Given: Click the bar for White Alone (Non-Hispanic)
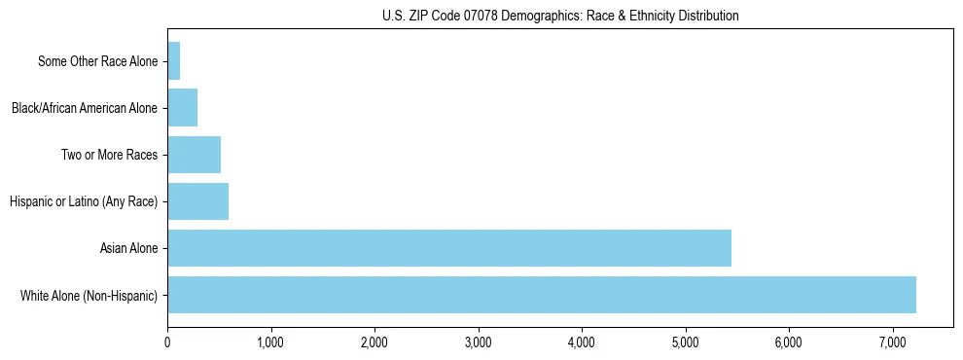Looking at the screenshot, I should coord(542,295).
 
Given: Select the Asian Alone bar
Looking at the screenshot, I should coord(449,248).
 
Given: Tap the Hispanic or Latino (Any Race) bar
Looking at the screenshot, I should coord(197,201).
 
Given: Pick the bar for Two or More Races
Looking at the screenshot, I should coord(194,155).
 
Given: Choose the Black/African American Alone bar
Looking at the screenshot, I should coord(182,108).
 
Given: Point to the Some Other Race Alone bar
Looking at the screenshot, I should coord(174,61).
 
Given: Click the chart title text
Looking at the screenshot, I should coord(560,16).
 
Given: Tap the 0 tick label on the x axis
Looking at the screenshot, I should coord(167,342).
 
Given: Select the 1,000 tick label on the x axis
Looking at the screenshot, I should coord(270,342).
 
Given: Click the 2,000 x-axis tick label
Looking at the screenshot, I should coord(374,342).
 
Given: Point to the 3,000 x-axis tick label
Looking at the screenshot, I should coord(478,342).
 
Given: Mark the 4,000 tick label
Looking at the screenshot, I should coord(582,342).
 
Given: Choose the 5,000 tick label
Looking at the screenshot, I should coord(685,342).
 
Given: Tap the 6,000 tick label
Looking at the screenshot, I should coord(789,342).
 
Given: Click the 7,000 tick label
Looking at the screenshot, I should coord(892,342).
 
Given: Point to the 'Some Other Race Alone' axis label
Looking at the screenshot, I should coord(97,62).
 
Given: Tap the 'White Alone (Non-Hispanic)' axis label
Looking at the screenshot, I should coord(89,296).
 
